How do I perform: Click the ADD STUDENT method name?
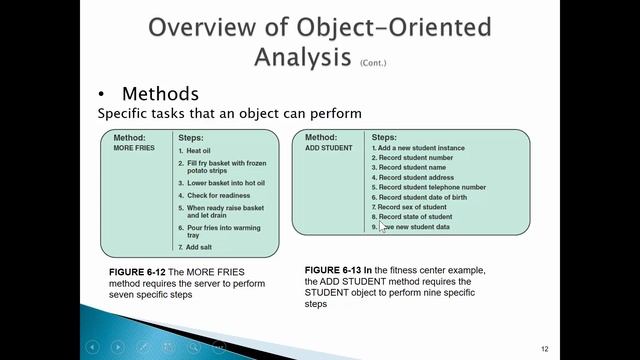pos(329,148)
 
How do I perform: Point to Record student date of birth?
pos(421,197)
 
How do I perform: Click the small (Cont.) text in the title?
pos(371,62)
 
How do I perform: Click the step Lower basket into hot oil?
pos(224,182)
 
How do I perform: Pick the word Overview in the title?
pos(201,25)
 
